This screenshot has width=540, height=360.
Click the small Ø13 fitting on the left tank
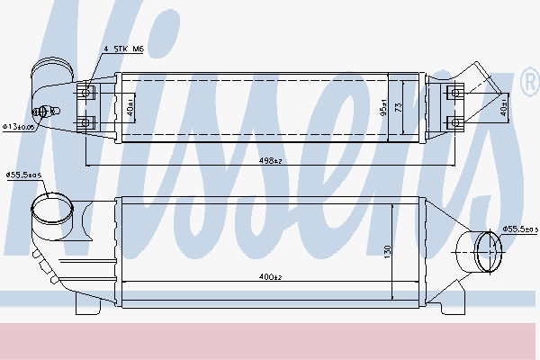[x=40, y=112]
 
